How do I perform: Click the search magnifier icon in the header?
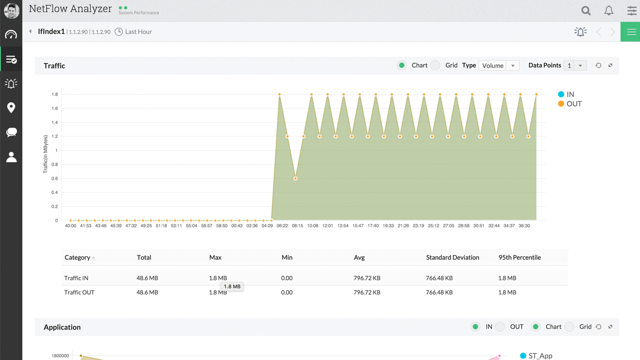pos(586,11)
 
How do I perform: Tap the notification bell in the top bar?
pos(609,11)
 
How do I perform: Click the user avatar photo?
pos(11,11)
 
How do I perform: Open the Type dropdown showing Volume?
pos(499,66)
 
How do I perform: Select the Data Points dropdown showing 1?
pos(575,66)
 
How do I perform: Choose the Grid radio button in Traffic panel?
pos(436,66)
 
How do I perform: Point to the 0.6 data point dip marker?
pos(295,179)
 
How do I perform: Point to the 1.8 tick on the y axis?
pos(55,95)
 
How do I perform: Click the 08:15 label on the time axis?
pos(297,226)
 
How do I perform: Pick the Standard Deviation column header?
pos(452,257)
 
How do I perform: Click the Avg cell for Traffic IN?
pos(366,278)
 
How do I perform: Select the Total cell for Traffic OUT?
pos(147,292)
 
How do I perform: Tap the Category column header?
pos(78,257)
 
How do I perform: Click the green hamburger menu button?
pos(631,32)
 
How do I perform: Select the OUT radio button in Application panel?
pos(500,327)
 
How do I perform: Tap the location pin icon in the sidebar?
pos(11,108)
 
